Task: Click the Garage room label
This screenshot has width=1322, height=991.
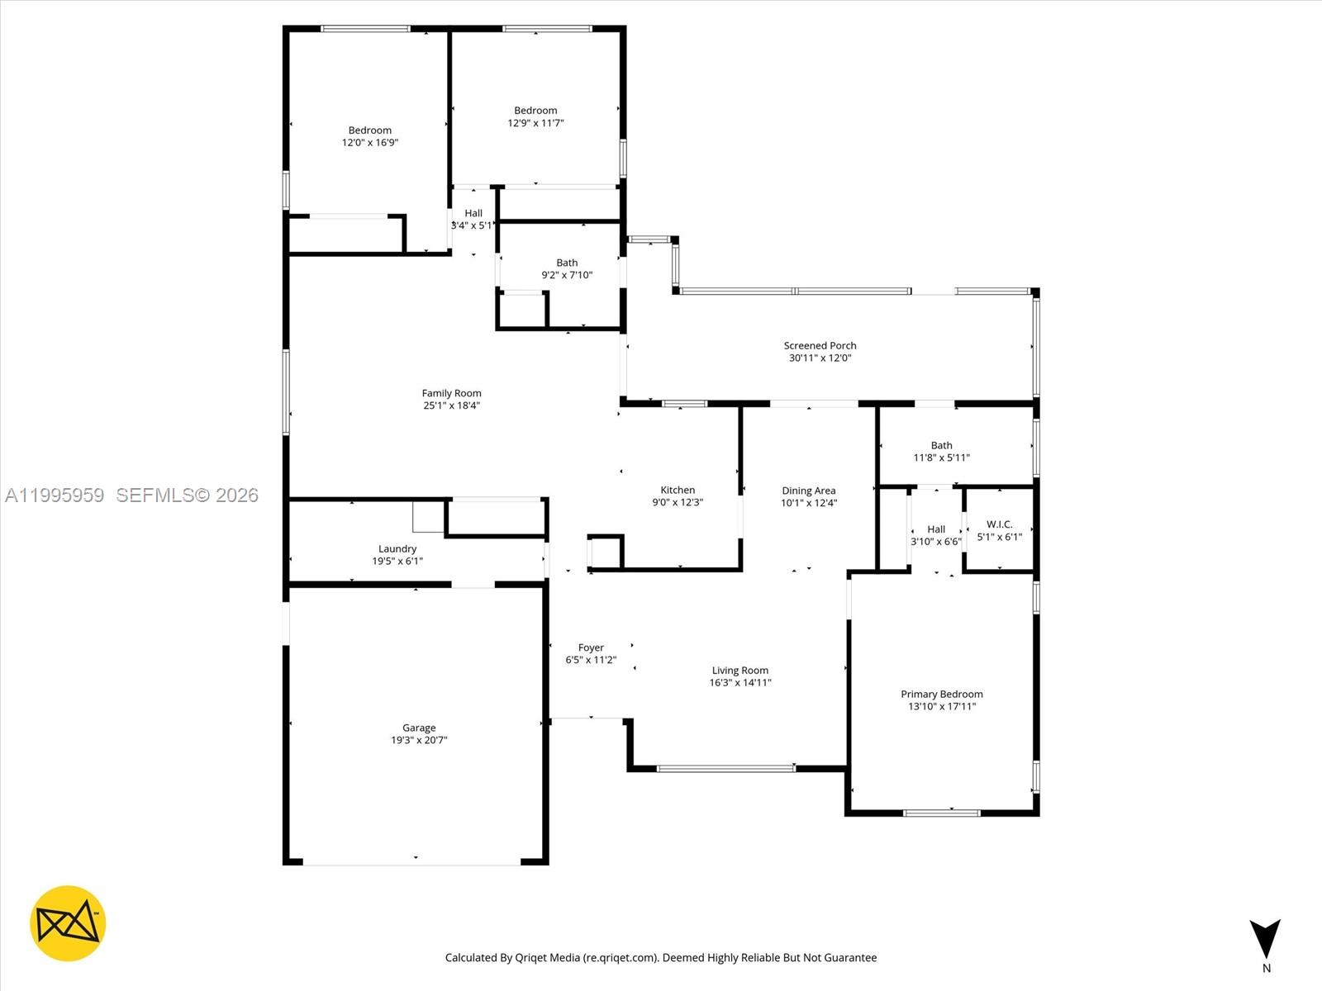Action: (419, 728)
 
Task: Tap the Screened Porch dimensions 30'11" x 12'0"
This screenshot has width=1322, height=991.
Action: (820, 358)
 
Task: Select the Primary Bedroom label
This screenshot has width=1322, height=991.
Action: (941, 694)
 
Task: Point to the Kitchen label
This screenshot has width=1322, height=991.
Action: (678, 490)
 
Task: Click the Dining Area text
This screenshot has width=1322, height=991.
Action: (808, 491)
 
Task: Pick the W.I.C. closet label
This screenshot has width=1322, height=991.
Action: (999, 524)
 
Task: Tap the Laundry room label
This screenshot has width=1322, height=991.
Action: (397, 548)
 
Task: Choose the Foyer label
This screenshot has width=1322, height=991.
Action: (591, 647)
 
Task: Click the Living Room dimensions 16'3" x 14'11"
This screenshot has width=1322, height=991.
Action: (740, 683)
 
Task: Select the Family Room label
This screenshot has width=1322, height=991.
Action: (451, 393)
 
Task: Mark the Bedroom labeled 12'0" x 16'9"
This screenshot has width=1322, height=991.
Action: (370, 130)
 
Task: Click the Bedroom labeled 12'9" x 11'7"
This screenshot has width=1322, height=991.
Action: (535, 110)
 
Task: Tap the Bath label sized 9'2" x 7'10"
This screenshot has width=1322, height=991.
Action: (567, 263)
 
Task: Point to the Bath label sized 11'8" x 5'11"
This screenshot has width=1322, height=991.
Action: (941, 445)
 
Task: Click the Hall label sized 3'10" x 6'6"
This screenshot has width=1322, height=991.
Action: (936, 529)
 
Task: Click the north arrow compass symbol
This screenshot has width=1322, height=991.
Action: (1265, 939)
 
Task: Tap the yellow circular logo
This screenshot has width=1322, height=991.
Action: (68, 923)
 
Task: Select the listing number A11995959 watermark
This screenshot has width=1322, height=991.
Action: (55, 495)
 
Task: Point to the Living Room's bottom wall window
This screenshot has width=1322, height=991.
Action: (725, 769)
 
